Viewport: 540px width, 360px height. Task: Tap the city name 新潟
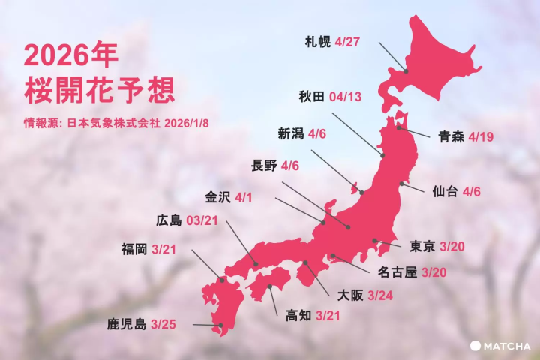290,134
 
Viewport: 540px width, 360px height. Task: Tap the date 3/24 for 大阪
385,295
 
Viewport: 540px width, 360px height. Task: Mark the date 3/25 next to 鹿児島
165,325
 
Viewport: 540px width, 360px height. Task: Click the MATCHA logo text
507,346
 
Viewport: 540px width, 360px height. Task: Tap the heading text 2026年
71,56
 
